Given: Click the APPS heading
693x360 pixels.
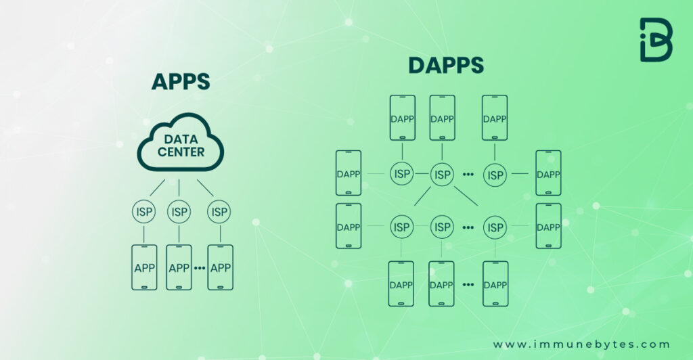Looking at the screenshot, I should click(181, 81).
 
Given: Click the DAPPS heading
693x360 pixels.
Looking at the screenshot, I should click(445, 66).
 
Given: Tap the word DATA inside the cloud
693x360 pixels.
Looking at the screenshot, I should click(181, 139).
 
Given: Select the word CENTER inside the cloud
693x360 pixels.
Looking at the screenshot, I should click(181, 152).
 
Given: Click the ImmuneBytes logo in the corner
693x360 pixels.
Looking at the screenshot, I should click(656, 40).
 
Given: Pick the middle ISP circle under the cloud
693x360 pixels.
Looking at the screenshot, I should click(179, 212).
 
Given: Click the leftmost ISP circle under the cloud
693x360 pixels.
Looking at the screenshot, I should click(143, 212).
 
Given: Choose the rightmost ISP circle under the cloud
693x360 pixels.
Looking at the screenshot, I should click(219, 212).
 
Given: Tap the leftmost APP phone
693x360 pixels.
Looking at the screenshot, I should click(144, 267).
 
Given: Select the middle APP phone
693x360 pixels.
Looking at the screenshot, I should click(179, 267).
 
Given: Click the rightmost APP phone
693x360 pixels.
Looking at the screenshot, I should click(221, 267).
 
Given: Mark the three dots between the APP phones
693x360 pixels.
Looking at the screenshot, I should click(200, 269).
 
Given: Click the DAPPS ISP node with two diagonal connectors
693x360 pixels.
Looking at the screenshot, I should click(442, 175).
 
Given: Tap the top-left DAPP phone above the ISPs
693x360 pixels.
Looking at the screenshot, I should click(402, 118).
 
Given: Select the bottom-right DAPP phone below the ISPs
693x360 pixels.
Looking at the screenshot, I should click(495, 284).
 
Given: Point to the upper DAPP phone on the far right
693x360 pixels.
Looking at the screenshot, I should click(548, 173).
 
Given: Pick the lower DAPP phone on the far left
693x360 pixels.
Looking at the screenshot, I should click(349, 226).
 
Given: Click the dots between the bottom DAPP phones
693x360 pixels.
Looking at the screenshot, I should click(468, 285).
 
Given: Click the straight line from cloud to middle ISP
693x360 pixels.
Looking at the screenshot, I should click(179, 189).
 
